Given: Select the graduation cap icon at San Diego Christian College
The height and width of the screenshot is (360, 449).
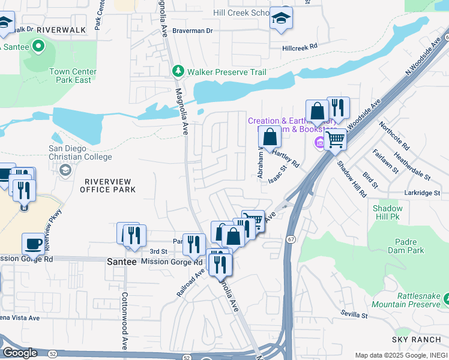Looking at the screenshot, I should (64, 170).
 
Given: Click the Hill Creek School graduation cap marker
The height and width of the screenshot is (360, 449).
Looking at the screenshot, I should (280, 17).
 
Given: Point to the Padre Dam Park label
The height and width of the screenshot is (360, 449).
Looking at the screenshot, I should (403, 246).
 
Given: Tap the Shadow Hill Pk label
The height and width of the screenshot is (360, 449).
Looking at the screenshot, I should (388, 212).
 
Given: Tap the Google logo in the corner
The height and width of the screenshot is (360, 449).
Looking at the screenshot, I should (20, 353).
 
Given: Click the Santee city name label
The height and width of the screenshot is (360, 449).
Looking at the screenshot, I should (122, 262).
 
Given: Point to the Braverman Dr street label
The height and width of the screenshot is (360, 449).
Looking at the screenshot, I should (193, 31).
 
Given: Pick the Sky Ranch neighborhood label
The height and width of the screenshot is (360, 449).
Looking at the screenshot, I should (416, 340).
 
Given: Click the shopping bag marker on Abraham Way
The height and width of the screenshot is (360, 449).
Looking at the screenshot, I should (270, 137).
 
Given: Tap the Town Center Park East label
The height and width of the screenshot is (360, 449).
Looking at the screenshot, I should (73, 76).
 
